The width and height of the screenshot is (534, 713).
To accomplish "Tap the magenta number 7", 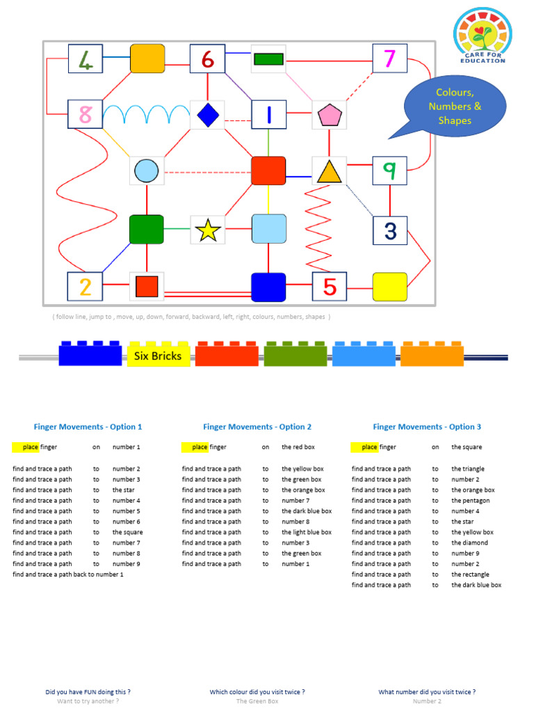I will pyautogui.click(x=389, y=58).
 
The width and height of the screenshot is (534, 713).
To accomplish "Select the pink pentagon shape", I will pyautogui.click(x=328, y=115).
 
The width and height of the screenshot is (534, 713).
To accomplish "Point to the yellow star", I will pyautogui.click(x=207, y=230).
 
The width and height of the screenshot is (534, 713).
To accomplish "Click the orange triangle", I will pyautogui.click(x=329, y=171).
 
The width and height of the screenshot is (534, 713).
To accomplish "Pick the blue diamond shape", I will pyautogui.click(x=207, y=115).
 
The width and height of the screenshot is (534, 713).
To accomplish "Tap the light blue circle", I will pyautogui.click(x=147, y=171).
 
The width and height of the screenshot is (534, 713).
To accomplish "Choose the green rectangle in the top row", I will pyautogui.click(x=268, y=59).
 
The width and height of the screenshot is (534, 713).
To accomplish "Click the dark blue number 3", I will pyautogui.click(x=389, y=230).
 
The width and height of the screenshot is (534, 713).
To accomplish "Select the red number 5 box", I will pyautogui.click(x=329, y=286).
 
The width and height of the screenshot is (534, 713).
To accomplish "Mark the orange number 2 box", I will pyautogui.click(x=85, y=286).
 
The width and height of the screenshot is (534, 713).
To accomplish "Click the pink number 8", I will pyautogui.click(x=86, y=114).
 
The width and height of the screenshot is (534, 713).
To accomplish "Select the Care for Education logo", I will pyautogui.click(x=482, y=36).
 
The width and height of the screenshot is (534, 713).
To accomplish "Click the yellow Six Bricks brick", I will pyautogui.click(x=159, y=355).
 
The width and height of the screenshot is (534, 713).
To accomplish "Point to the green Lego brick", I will pyautogui.click(x=296, y=355).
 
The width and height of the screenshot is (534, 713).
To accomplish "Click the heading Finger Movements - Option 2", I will pyautogui.click(x=257, y=427).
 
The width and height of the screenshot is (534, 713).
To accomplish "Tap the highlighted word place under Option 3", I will pyautogui.click(x=369, y=447).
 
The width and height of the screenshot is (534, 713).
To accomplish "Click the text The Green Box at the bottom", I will pyautogui.click(x=257, y=701).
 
